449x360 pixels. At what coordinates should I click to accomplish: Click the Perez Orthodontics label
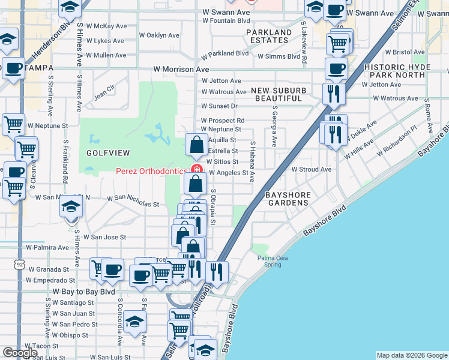151,171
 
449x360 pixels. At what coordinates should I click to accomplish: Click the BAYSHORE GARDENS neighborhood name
287,199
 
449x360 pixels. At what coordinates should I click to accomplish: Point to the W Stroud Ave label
312,169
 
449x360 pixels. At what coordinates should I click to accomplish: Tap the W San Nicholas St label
133,200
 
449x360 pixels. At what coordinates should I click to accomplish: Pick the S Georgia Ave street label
274,127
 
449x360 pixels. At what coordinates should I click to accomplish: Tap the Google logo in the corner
20,353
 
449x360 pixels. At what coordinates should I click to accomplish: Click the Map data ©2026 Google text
411,355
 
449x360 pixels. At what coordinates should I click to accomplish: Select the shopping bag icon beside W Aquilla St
196,145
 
